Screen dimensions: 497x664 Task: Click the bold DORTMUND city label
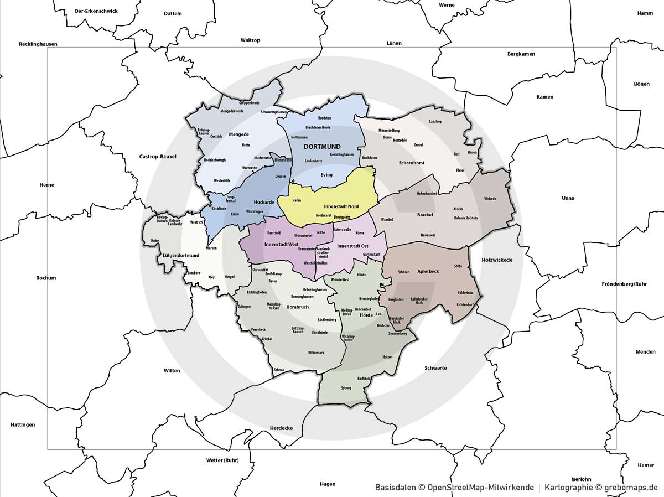[322, 146]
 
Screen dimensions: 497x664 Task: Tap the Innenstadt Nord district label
[341, 206]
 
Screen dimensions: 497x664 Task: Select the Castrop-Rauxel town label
[158, 157]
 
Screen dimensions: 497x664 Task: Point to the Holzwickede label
[497, 260]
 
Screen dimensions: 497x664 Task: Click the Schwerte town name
[435, 368]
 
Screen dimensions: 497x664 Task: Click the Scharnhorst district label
[412, 163]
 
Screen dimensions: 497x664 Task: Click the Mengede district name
[238, 134]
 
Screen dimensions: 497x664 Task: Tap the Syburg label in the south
[346, 388]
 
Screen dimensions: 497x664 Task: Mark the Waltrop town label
[250, 40]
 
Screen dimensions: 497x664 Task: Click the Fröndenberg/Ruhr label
[624, 284]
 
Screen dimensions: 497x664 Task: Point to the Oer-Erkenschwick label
[96, 11]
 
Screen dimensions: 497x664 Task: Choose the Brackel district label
[425, 214]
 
